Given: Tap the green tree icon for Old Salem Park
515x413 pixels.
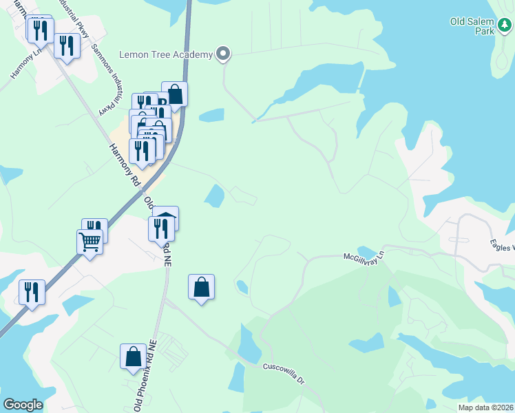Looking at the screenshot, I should tap(505, 26).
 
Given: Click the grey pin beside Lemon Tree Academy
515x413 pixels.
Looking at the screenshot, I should tap(222, 53).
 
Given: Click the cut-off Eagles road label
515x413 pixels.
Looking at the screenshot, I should tap(502, 244).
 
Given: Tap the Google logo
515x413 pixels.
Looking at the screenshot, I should tap(23, 405).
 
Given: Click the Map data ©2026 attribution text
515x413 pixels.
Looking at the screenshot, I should tap(485, 407).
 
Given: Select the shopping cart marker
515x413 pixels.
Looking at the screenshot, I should tap(90, 242).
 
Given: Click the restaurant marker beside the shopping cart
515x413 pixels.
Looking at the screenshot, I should tap(95, 231).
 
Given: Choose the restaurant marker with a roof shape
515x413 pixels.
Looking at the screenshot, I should tap(165, 219).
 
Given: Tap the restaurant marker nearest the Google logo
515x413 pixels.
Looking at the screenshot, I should tap(32, 292).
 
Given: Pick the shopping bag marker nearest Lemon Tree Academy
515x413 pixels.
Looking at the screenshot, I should tap(175, 94).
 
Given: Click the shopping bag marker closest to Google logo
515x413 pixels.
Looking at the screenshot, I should tap(133, 356).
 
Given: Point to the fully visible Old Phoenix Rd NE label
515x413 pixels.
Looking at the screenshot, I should tap(147, 374).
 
